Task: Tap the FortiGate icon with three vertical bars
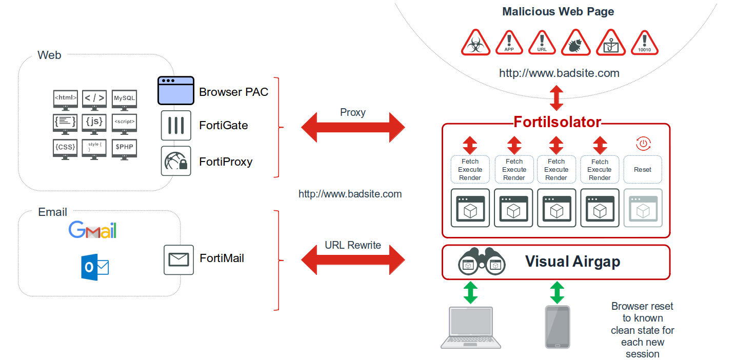(176, 125)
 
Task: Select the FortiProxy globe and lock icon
(176, 161)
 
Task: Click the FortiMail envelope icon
(178, 259)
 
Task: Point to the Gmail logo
(93, 230)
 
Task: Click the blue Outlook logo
(95, 267)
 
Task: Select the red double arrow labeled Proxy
(353, 127)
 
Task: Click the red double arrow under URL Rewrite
(353, 260)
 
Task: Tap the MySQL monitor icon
(124, 99)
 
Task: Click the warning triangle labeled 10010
(645, 43)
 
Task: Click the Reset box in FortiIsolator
(643, 169)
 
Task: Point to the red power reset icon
(643, 144)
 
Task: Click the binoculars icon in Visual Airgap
(482, 262)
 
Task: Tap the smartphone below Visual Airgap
(557, 327)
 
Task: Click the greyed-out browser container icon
(643, 208)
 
